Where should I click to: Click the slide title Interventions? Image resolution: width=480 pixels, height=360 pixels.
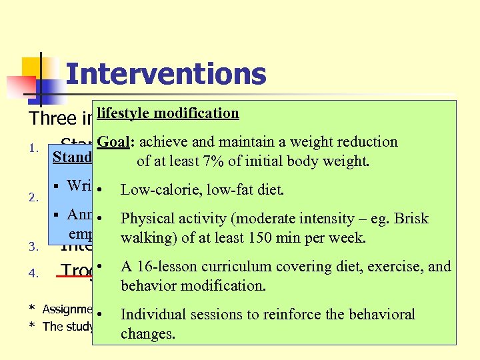tap(166, 74)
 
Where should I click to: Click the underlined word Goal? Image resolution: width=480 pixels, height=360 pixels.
tap(109, 142)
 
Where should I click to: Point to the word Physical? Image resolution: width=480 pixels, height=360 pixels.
tap(145, 219)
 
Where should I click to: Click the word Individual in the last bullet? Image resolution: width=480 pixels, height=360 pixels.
tap(151, 315)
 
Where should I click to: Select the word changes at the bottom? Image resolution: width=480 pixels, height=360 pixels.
tap(147, 333)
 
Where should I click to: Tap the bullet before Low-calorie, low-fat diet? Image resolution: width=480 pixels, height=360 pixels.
tap(99, 191)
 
